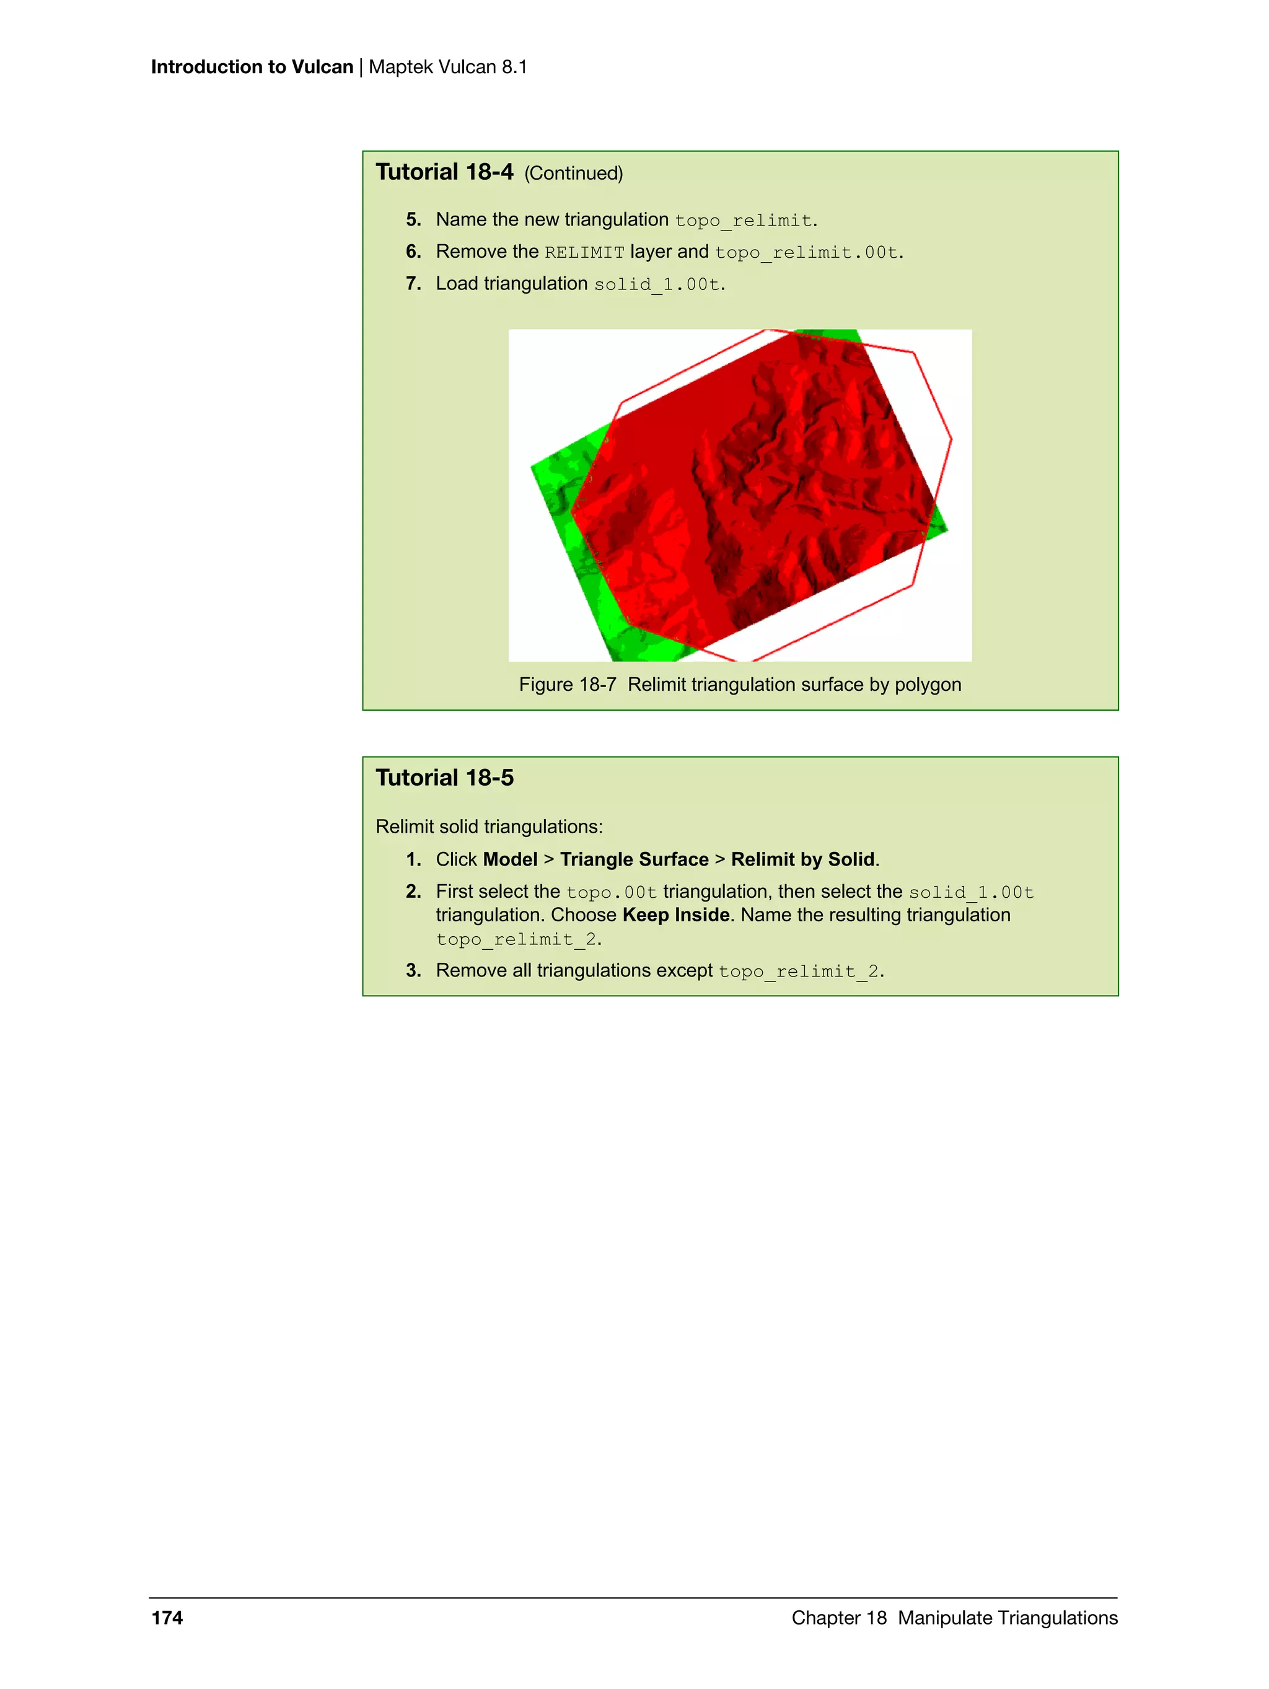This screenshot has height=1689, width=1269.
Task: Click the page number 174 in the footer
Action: tap(167, 1617)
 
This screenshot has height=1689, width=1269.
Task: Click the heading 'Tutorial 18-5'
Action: tap(444, 778)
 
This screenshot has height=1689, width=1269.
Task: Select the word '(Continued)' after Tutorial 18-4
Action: tap(573, 173)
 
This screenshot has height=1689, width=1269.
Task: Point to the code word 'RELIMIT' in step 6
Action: tap(584, 252)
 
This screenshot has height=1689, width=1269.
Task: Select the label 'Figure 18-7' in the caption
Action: tap(568, 684)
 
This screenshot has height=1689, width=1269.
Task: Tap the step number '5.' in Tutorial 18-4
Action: tap(413, 220)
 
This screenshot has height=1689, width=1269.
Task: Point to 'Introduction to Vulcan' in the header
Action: tap(252, 67)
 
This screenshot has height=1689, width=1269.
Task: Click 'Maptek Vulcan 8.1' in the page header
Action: tap(448, 67)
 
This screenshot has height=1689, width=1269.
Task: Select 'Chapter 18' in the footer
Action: tap(838, 1617)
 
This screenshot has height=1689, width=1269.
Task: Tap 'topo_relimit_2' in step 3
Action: tap(799, 972)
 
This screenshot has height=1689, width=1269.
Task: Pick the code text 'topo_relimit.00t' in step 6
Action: tap(806, 252)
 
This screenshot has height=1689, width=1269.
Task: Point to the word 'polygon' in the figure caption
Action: tap(928, 684)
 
